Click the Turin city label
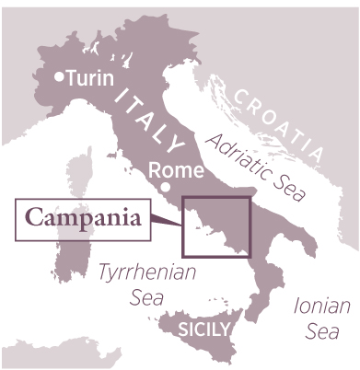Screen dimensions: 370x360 (89, 79)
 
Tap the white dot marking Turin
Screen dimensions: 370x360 (60, 78)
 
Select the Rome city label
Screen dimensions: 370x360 (172, 170)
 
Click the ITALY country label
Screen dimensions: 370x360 (148, 117)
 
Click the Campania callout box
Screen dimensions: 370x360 (83, 220)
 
